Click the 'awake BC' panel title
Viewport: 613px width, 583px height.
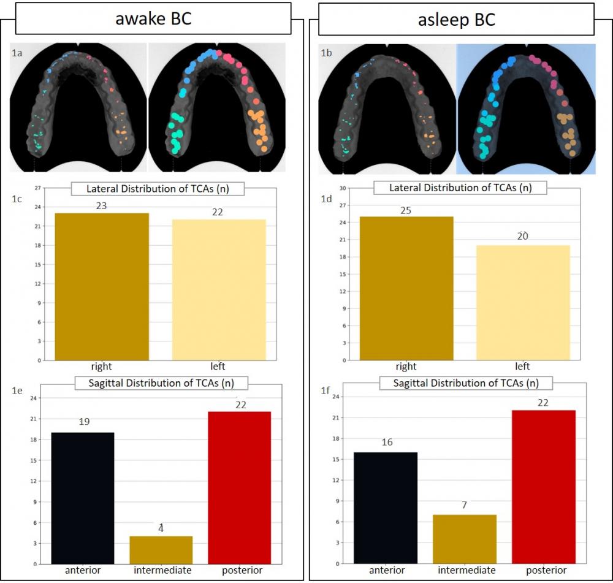tap(153, 18)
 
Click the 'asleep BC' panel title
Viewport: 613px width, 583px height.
tap(456, 19)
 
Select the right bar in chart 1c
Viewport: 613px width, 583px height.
tap(102, 286)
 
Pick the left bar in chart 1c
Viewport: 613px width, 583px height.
tap(219, 289)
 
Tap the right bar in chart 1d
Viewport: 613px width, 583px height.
tap(406, 288)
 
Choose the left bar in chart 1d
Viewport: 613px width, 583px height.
tap(523, 302)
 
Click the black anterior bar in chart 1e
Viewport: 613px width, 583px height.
tap(82, 498)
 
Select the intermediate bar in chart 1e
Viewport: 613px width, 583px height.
tap(161, 550)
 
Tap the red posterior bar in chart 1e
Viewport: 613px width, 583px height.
tap(240, 487)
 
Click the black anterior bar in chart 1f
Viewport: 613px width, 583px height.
tap(387, 508)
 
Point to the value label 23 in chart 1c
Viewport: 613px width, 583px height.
tap(102, 206)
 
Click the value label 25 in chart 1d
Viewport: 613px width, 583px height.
tap(406, 210)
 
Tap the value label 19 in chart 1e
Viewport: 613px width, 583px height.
tap(85, 422)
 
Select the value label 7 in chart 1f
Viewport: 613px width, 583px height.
tap(465, 505)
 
